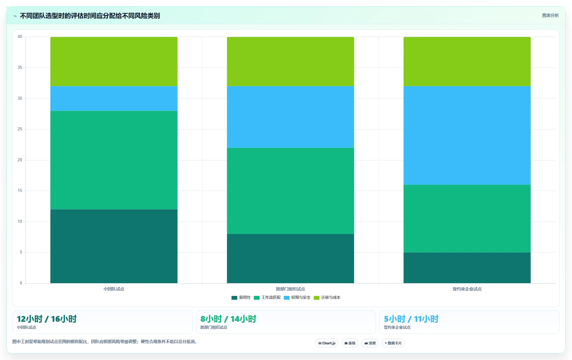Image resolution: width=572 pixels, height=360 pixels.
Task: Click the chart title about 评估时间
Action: click(x=90, y=16)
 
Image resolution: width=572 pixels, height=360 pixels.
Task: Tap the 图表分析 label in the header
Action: click(x=550, y=15)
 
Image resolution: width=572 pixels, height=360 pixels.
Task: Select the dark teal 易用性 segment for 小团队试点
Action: click(x=114, y=246)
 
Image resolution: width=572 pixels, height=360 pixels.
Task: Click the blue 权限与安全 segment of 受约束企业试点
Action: click(x=467, y=136)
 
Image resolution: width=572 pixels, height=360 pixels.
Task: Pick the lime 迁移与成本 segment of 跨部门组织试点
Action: click(x=290, y=62)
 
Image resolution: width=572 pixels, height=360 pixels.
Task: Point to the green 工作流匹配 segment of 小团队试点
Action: click(x=114, y=160)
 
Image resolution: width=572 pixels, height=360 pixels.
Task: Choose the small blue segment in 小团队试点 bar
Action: click(x=114, y=99)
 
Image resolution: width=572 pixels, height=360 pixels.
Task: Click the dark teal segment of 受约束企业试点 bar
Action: click(x=467, y=268)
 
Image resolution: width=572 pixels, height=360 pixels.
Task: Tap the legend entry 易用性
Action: click(x=241, y=298)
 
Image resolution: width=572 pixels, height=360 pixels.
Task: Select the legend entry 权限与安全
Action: click(x=297, y=298)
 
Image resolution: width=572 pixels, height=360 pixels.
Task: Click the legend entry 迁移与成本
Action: click(x=327, y=298)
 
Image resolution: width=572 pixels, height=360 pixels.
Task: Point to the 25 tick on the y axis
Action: click(x=20, y=129)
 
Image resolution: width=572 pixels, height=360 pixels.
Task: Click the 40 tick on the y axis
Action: click(x=20, y=37)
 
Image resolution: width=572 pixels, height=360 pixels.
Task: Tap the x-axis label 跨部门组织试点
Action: click(x=290, y=289)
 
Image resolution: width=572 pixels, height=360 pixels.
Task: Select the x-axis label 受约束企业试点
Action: click(x=467, y=289)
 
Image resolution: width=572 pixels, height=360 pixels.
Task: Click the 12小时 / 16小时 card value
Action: click(x=47, y=319)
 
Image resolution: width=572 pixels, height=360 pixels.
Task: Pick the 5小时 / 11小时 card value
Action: click(x=411, y=319)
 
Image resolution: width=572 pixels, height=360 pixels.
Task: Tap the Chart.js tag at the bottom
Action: click(x=327, y=343)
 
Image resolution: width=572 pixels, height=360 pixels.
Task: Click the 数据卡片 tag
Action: click(x=393, y=343)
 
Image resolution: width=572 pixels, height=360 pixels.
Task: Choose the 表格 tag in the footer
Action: click(x=350, y=343)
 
